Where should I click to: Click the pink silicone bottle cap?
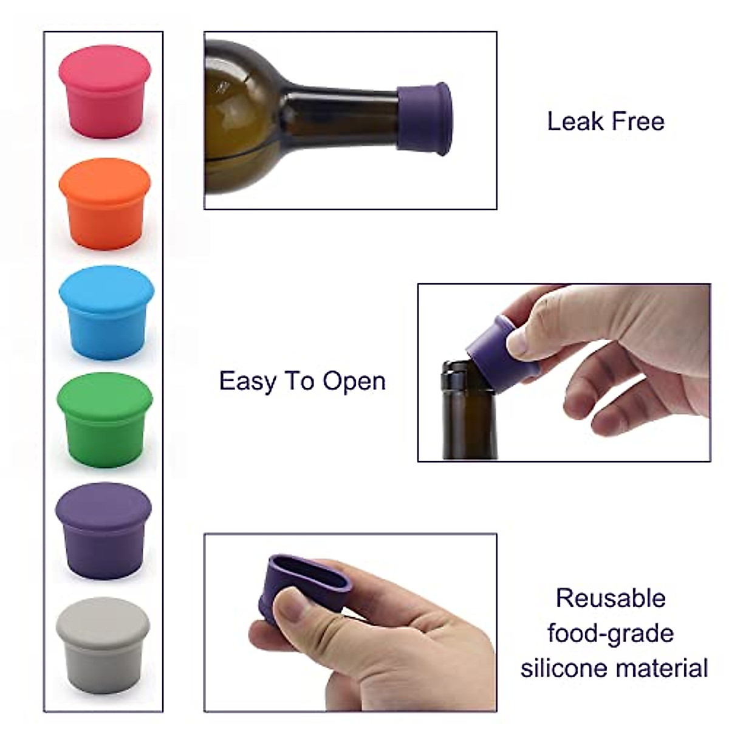click(x=104, y=91)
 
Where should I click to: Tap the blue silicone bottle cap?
click(x=106, y=312)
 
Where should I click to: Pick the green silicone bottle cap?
click(x=105, y=420)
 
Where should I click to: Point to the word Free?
click(x=637, y=121)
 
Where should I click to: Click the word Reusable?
click(x=611, y=598)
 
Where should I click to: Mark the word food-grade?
click(x=611, y=633)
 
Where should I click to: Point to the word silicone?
click(x=563, y=668)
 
